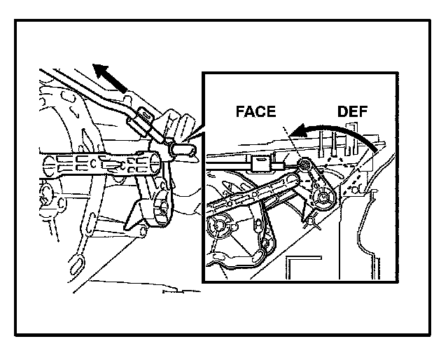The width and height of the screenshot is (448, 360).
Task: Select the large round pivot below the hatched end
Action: pos(325,198)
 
